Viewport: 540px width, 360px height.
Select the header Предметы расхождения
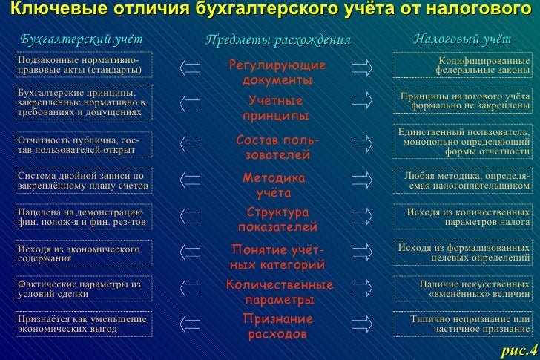[277, 39]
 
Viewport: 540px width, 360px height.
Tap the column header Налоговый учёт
[462, 38]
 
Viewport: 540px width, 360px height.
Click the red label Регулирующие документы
[277, 72]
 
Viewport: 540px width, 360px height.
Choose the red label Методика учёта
[274, 186]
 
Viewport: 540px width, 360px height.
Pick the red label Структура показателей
[277, 219]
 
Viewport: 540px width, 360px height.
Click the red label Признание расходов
[274, 326]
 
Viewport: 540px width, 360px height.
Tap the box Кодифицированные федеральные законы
[462, 65]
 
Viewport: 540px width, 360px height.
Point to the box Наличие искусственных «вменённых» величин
[462, 288]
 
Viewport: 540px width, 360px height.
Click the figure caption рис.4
[518, 350]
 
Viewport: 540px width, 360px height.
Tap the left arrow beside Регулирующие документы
[191, 68]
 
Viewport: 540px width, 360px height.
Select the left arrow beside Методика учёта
[191, 180]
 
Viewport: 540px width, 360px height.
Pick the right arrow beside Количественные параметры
[362, 288]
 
